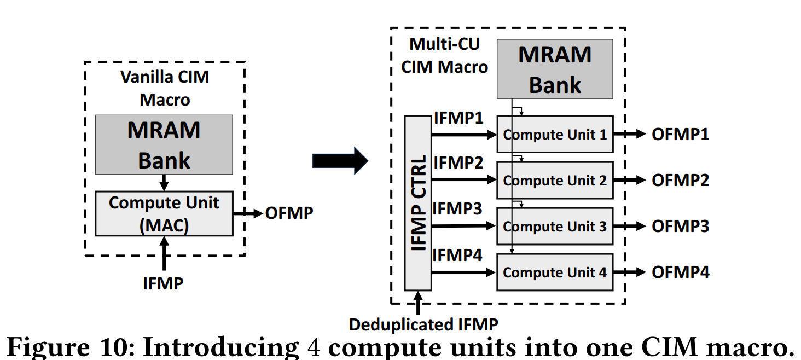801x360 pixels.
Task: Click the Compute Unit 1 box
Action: click(555, 134)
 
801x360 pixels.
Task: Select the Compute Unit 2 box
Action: click(555, 180)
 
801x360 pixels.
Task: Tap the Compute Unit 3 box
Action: click(555, 226)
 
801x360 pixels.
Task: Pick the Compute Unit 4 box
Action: click(555, 272)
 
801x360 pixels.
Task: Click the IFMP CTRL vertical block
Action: click(418, 202)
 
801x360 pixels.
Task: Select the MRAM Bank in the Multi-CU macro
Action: click(555, 69)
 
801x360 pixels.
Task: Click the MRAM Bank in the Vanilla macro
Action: click(164, 145)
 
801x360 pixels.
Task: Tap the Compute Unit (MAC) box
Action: click(164, 213)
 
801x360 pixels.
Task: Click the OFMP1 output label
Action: click(680, 135)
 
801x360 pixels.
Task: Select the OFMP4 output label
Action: click(680, 272)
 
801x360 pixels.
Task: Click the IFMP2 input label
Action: click(458, 163)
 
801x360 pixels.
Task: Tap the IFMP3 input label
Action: click(458, 209)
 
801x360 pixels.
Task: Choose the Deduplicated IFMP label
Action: click(423, 324)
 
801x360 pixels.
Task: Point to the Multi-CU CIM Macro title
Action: click(444, 55)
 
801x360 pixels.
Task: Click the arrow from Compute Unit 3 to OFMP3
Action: click(630, 226)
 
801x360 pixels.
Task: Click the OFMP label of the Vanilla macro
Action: click(289, 213)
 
